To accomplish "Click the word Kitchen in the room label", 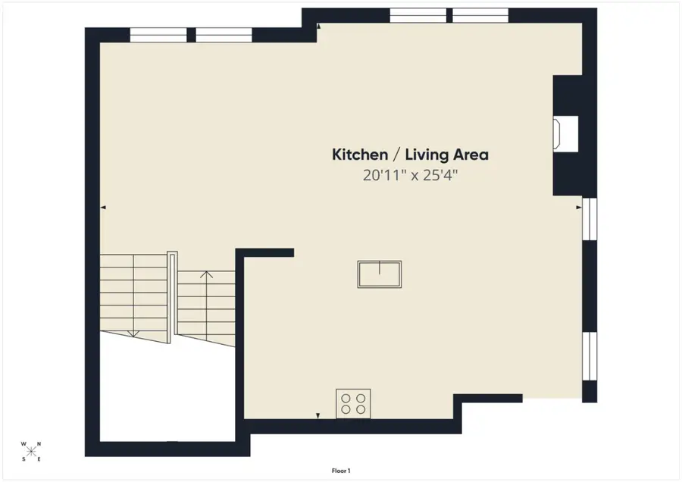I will click(x=359, y=155).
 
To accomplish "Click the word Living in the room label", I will click(x=427, y=155).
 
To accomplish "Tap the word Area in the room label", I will click(x=471, y=155).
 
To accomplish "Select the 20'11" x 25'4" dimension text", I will click(x=410, y=175).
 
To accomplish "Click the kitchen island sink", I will click(x=380, y=274).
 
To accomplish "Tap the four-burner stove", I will click(x=353, y=402).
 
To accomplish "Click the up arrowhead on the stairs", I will click(x=206, y=274).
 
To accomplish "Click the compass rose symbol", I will click(x=31, y=452).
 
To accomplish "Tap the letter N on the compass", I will click(x=40, y=445).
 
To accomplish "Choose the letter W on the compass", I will click(x=23, y=445).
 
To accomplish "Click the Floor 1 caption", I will click(x=341, y=471).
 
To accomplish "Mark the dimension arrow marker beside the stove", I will click(x=318, y=415).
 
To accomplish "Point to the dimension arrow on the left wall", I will click(x=103, y=207).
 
